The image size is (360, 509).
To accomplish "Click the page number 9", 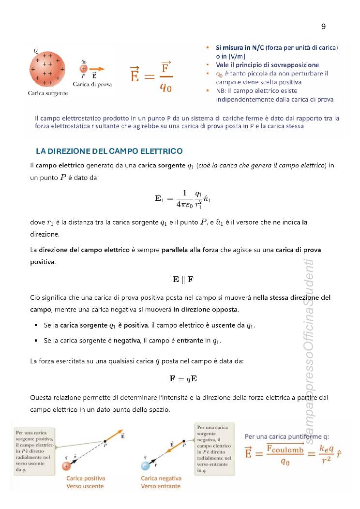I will pos(323,27).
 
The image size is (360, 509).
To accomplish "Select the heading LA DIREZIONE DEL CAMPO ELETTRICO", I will pos(109,151).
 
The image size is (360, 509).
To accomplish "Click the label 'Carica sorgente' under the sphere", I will pos(47,92).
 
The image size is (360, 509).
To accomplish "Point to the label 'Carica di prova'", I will pos(92,84).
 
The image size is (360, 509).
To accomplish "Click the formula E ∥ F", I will pos(183,279).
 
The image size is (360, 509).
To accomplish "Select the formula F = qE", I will pos(183,378).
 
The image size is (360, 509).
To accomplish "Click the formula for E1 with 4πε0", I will pos(183,199).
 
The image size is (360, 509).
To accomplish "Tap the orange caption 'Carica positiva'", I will pos(85,478).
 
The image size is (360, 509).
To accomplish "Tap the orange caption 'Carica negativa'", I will pos(161,478).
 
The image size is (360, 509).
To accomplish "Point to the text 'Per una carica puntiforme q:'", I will pos(287,436).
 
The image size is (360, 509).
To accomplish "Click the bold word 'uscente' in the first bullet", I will pos(223,326).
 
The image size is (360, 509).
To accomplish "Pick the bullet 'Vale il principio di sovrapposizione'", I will pos(267,65).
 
